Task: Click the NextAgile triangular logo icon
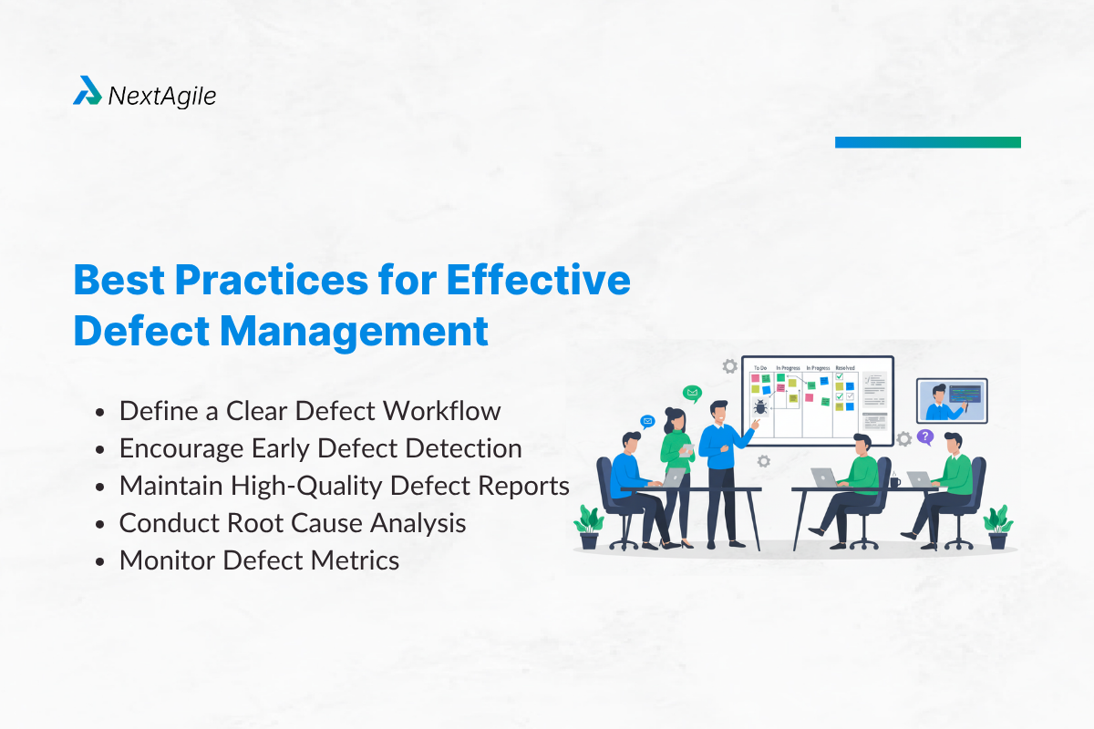tap(88, 90)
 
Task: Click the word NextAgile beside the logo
tap(161, 97)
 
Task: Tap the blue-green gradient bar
tap(928, 142)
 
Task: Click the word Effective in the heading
tap(538, 280)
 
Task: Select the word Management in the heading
tap(354, 332)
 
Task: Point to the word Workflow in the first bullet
tap(442, 411)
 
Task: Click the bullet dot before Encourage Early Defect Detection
tap(100, 449)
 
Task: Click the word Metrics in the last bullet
tap(355, 560)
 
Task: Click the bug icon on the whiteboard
tap(760, 406)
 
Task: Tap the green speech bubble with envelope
tap(692, 393)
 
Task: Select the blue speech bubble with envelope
tap(647, 421)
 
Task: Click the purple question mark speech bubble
tap(925, 436)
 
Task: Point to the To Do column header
tap(760, 368)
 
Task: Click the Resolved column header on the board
tap(845, 368)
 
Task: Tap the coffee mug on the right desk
tap(894, 481)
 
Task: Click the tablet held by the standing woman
tap(686, 449)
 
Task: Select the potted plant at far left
tap(589, 528)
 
